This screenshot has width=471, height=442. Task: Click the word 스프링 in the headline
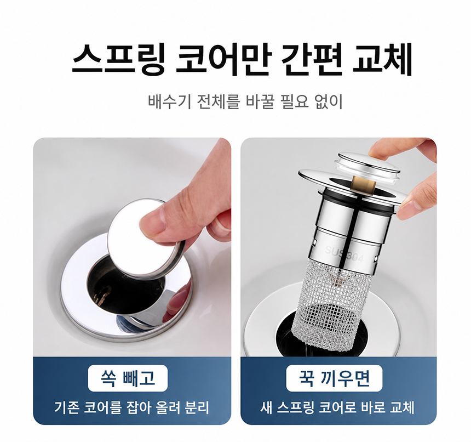point(118,60)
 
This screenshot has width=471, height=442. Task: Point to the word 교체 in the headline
point(382,60)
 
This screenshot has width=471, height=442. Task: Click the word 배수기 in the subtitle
point(169,101)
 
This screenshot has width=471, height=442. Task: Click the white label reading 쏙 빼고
point(128,378)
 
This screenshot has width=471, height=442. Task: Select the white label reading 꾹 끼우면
point(334,378)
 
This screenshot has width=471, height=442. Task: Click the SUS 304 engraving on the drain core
point(344,254)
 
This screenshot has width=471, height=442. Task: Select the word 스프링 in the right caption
point(296,408)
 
